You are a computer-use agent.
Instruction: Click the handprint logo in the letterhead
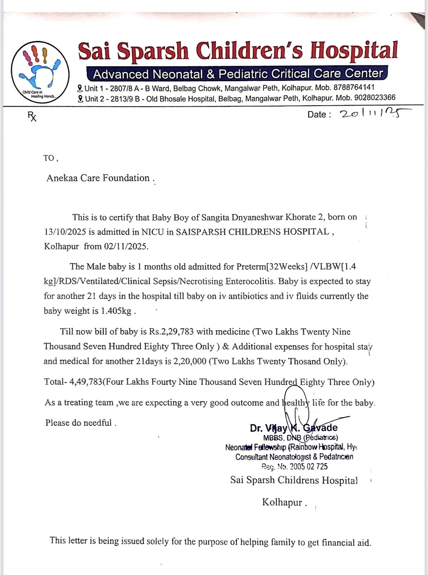click(40, 72)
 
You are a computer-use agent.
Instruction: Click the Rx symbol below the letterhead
click(32, 116)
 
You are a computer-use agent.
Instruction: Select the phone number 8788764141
click(354, 87)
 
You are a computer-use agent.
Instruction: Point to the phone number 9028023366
click(375, 97)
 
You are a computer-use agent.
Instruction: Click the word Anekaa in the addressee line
click(62, 178)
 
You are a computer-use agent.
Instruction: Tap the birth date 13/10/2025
click(65, 232)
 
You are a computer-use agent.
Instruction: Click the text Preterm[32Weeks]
click(272, 267)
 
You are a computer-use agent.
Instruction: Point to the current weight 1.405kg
click(116, 311)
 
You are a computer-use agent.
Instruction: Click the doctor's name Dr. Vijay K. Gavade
click(293, 428)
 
